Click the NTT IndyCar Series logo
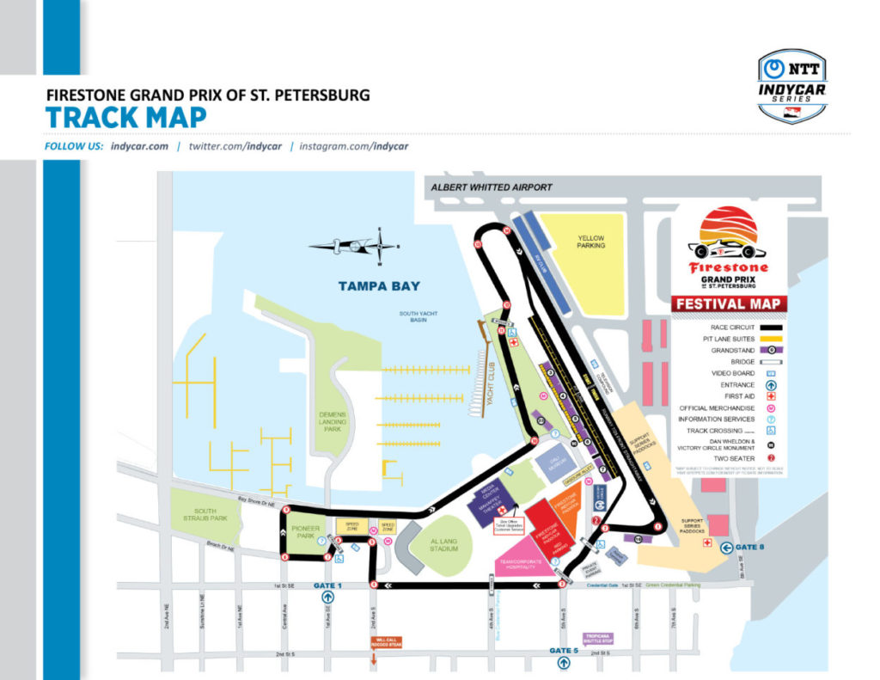pyautogui.click(x=792, y=86)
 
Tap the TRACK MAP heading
pyautogui.click(x=125, y=117)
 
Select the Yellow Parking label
pyautogui.click(x=590, y=242)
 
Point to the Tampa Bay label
pyautogui.click(x=378, y=286)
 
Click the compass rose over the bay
pyautogui.click(x=355, y=246)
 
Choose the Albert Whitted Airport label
pyautogui.click(x=492, y=187)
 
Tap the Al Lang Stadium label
pyautogui.click(x=444, y=545)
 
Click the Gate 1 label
pyautogui.click(x=328, y=585)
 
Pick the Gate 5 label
pyautogui.click(x=565, y=651)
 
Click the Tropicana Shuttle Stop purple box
pyautogui.click(x=598, y=639)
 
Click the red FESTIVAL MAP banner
pyautogui.click(x=729, y=303)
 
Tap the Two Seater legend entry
pyautogui.click(x=729, y=459)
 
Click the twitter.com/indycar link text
pyautogui.click(x=238, y=146)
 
